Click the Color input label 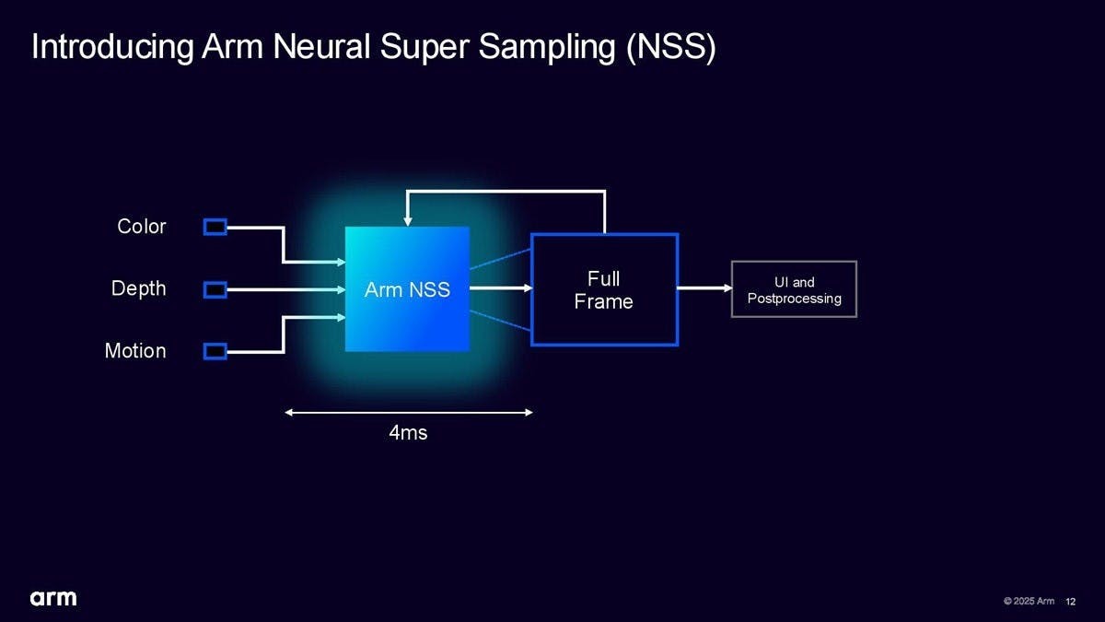pos(142,226)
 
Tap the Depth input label pos(139,288)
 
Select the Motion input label pos(135,351)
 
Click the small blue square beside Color pos(215,227)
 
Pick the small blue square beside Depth pos(215,289)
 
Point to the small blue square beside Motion pos(215,351)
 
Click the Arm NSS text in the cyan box pos(407,289)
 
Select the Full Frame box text pos(604,289)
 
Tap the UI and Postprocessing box pos(794,289)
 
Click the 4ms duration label pos(408,432)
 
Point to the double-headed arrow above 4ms pos(409,412)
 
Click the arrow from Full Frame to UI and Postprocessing pos(704,288)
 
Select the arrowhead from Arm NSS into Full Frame pos(527,288)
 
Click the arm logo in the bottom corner pos(53,598)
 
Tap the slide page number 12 pos(1070,602)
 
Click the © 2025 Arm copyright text pos(1029,602)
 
